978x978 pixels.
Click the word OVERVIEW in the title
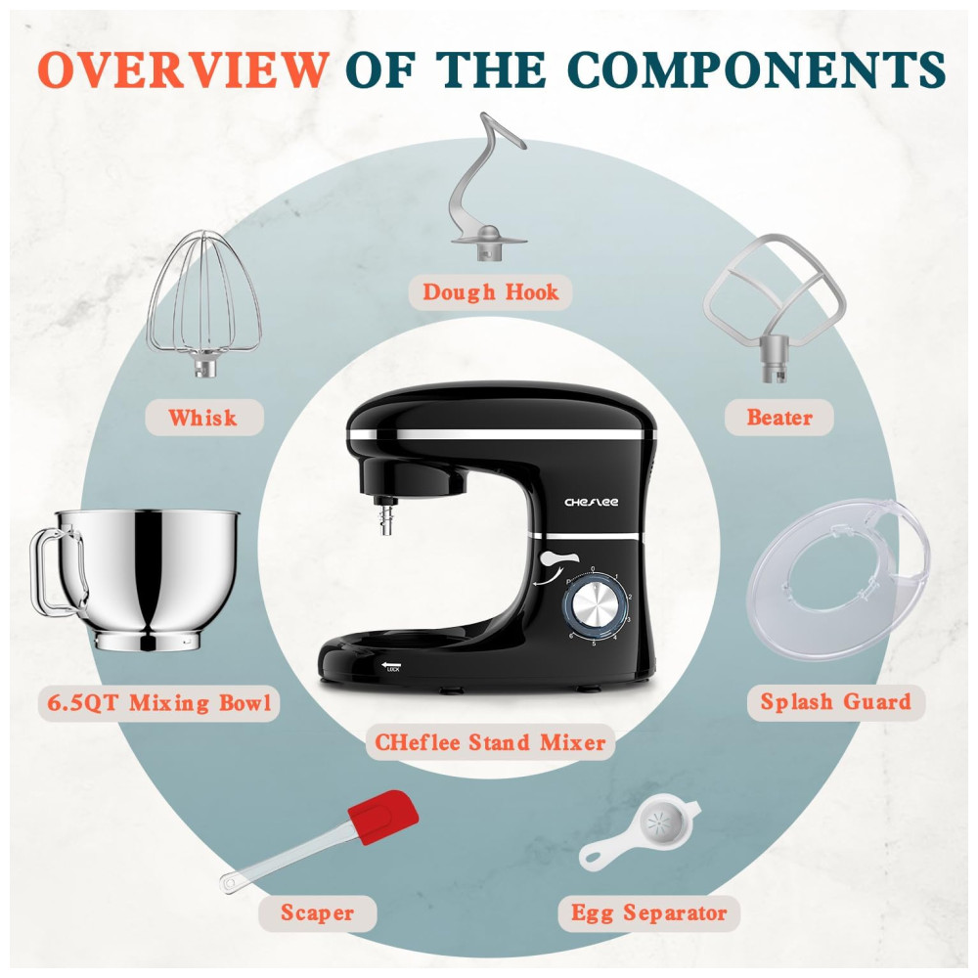click(x=183, y=68)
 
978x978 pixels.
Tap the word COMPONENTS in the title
click(x=757, y=68)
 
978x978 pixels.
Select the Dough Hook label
click(x=490, y=291)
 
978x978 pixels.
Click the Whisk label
click(x=203, y=418)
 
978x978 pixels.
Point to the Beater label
click(x=779, y=418)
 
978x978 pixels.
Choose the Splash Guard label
click(x=836, y=701)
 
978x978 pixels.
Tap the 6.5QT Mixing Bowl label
click(x=159, y=703)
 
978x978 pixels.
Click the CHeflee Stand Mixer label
click(x=490, y=742)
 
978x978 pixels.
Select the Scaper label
click(x=318, y=912)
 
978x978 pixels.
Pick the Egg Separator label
click(x=649, y=913)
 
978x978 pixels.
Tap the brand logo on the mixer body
click(x=592, y=502)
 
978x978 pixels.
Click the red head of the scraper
click(x=383, y=817)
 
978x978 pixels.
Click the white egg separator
click(x=641, y=833)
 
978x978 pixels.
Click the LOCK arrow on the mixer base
click(x=392, y=665)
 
